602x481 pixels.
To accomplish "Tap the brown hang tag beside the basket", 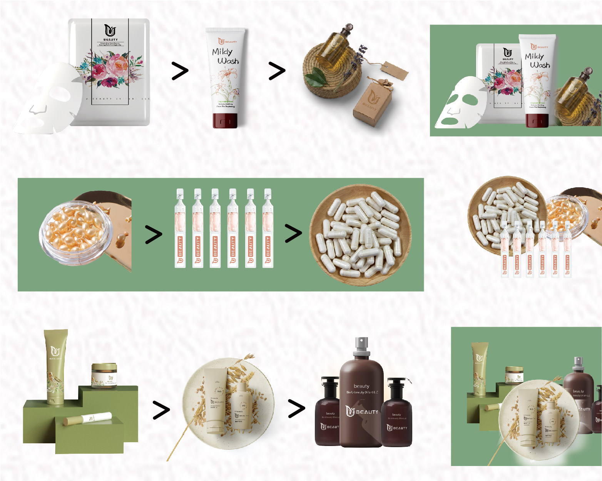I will coord(394,71).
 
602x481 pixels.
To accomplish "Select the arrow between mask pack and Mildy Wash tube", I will coord(180,71).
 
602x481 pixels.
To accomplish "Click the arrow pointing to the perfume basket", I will coord(277,71).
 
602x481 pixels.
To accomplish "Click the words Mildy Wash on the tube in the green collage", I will coord(537,60).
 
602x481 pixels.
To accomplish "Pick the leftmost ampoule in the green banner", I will coord(180,228).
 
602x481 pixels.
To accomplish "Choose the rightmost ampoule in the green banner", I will coord(268,228).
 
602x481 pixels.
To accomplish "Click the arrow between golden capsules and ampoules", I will coord(154,235).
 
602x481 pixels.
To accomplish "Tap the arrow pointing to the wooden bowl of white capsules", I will coord(293,233).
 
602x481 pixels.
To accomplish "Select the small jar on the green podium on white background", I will coord(104,376).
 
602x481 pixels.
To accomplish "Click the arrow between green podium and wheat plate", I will coord(161,410).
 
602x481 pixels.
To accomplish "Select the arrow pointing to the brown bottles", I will coord(296,408).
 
